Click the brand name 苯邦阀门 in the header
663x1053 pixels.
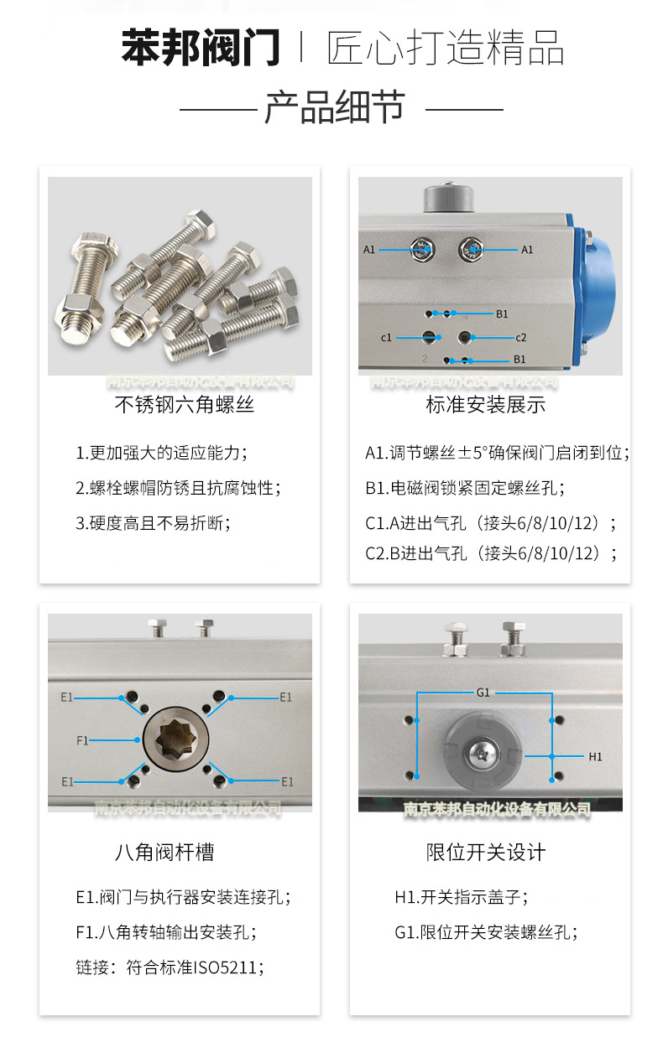tap(201, 48)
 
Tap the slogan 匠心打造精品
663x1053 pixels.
tap(445, 48)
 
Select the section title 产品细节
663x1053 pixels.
tap(335, 108)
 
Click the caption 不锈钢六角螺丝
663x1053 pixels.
tap(184, 406)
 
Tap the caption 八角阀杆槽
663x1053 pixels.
tap(164, 853)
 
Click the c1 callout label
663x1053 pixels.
tap(386, 338)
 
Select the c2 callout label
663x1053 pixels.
tap(520, 338)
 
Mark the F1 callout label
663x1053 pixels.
tap(82, 740)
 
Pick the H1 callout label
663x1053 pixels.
tap(595, 756)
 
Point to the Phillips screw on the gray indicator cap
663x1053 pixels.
tap(484, 752)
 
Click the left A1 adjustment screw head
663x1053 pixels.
tap(421, 248)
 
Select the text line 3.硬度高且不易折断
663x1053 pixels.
tap(153, 523)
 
